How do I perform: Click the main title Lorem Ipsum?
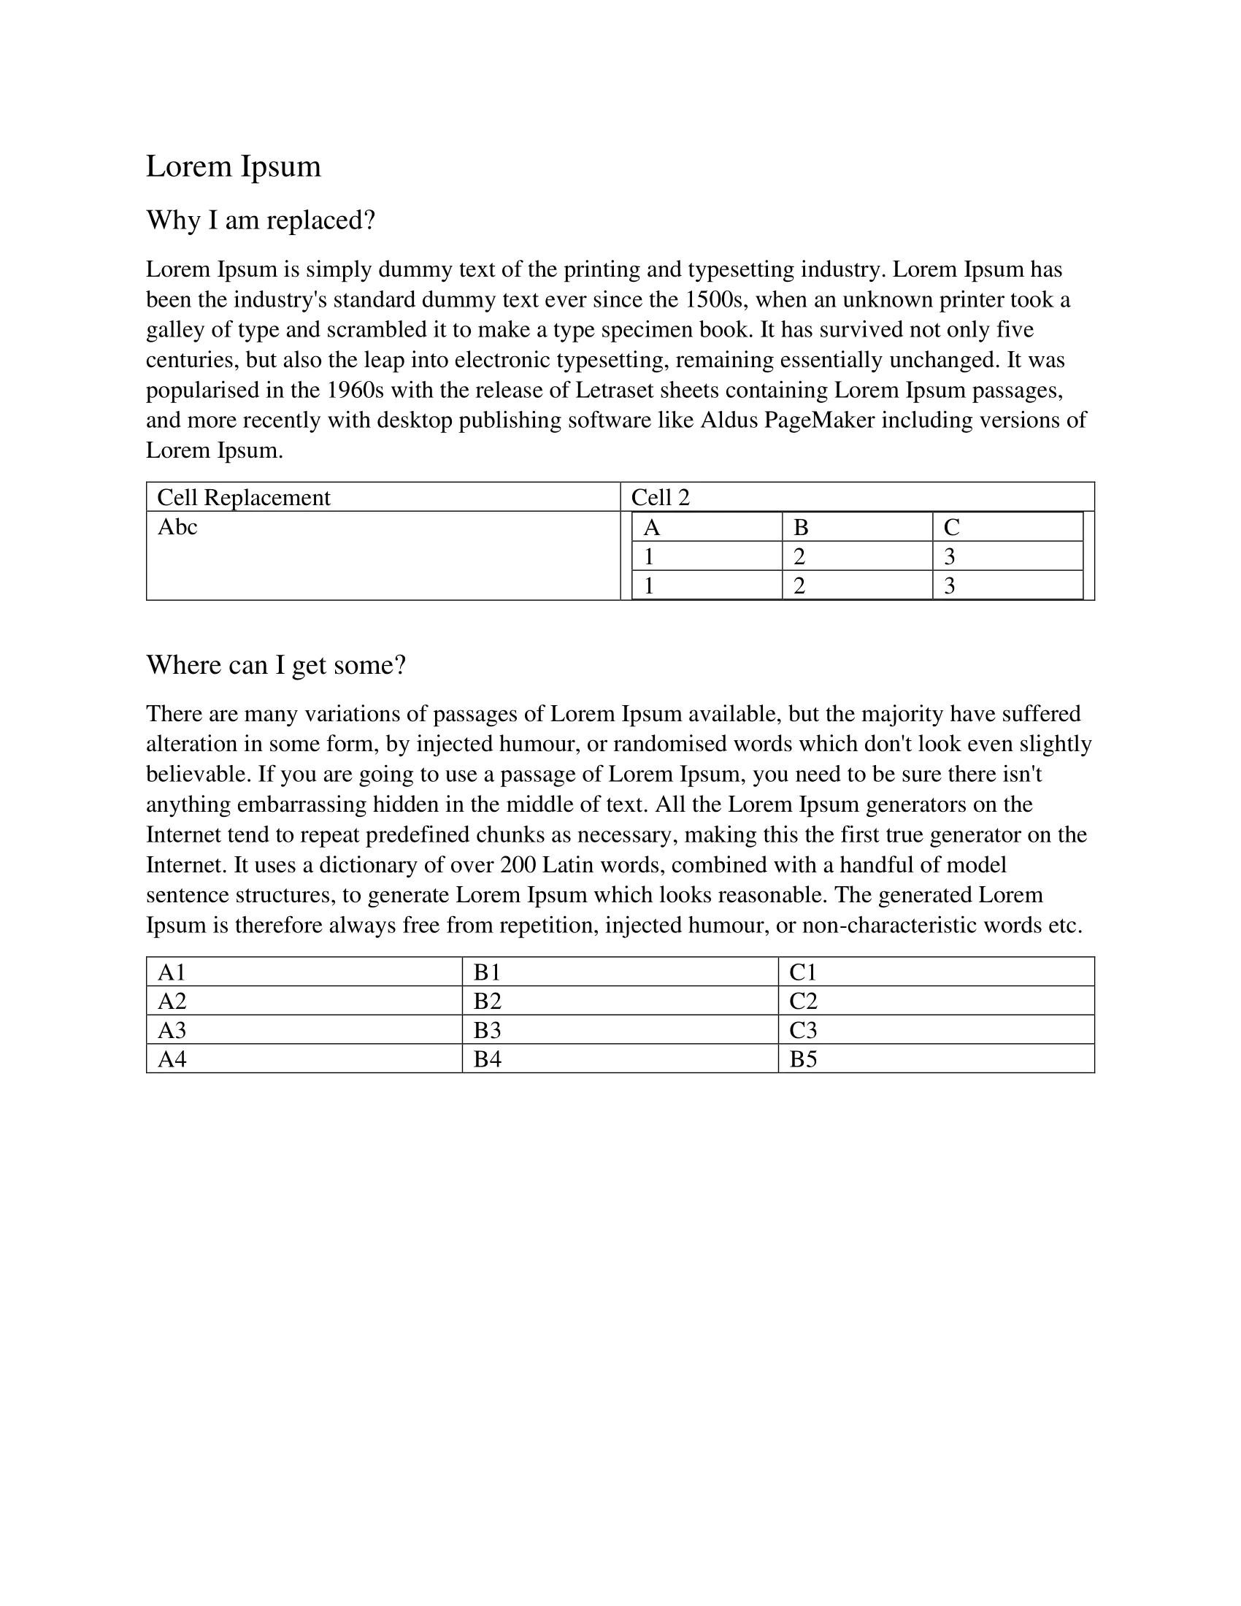point(233,167)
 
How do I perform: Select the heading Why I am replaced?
point(261,220)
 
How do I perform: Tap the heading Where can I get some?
point(276,665)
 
